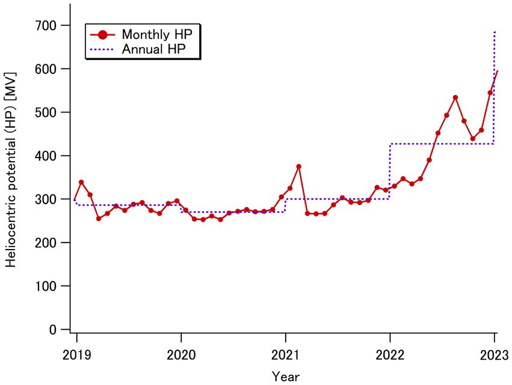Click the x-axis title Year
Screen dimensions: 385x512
point(285,376)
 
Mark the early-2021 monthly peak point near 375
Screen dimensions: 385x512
point(298,167)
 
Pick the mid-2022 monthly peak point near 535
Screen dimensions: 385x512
point(455,97)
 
